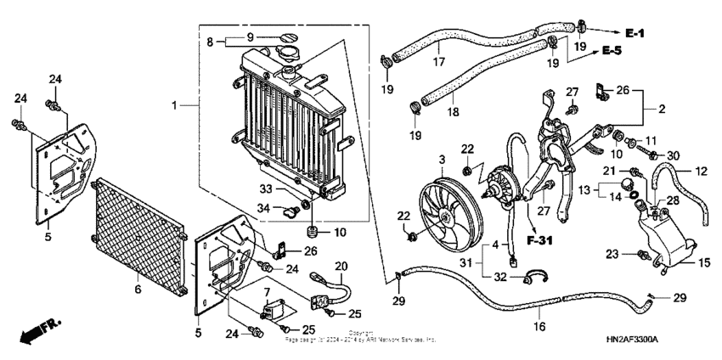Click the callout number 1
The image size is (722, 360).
click(x=174, y=106)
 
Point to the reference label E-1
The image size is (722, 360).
click(x=636, y=32)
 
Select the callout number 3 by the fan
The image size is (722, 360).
click(x=442, y=160)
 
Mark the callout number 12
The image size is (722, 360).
click(x=701, y=172)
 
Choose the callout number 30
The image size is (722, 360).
click(x=674, y=155)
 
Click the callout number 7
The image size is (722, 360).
click(x=266, y=294)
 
